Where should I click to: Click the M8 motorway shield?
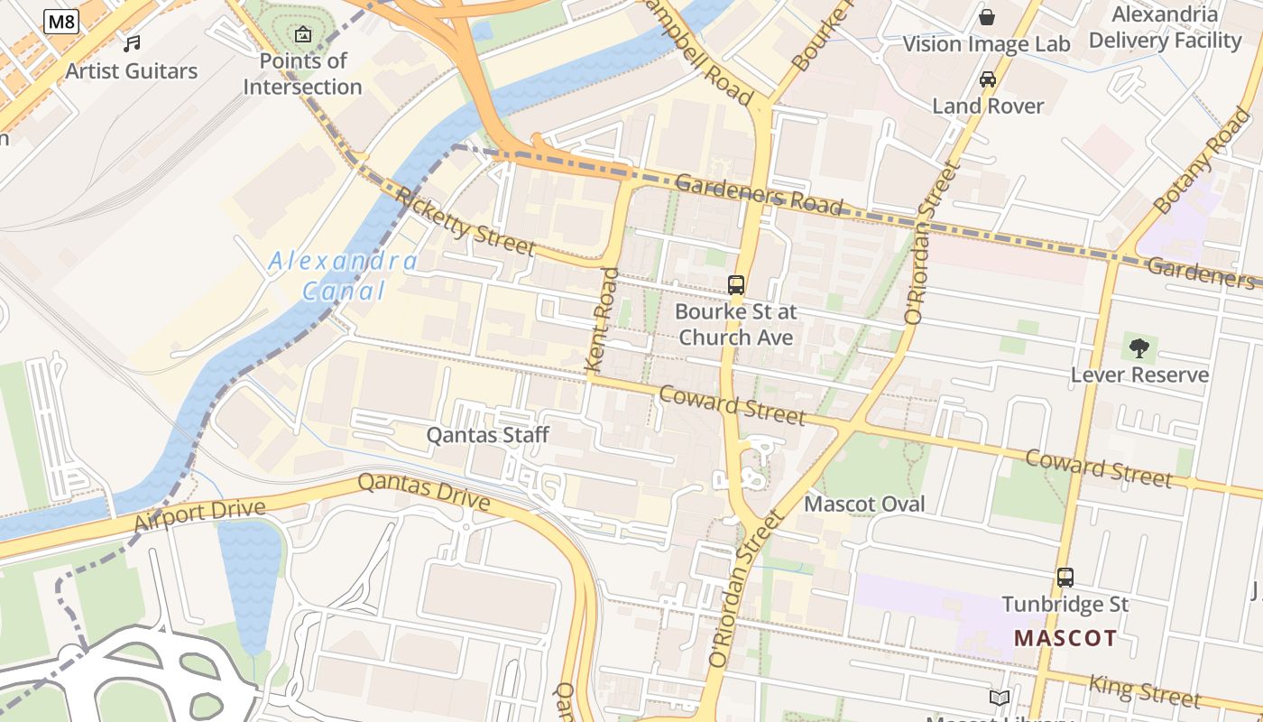[x=60, y=22]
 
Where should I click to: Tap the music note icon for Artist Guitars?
[x=132, y=43]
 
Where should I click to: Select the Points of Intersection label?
[x=302, y=74]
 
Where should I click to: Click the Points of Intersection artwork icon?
[x=303, y=35]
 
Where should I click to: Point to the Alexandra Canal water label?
[x=343, y=276]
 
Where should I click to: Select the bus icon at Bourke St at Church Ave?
[x=736, y=285]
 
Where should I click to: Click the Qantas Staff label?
[x=487, y=435]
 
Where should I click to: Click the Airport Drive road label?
[x=199, y=515]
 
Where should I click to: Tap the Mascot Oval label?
[x=864, y=504]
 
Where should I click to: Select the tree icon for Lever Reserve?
[x=1139, y=347]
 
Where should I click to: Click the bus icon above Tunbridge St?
[x=1065, y=577]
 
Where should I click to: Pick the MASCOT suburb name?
[x=1065, y=638]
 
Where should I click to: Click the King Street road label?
[x=1145, y=690]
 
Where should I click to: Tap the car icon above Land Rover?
[x=988, y=79]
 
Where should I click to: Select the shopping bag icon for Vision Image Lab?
[x=987, y=17]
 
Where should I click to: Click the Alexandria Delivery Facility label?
[x=1165, y=27]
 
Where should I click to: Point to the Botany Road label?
[x=1203, y=161]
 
